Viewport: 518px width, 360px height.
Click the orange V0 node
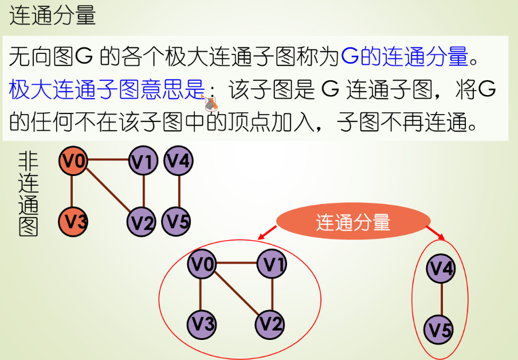pos(72,161)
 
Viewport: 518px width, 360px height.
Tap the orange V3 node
pos(72,221)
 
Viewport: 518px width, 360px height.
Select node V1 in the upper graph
pos(143,162)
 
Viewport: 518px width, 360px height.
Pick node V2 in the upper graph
pos(143,221)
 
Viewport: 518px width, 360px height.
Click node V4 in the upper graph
pos(179,161)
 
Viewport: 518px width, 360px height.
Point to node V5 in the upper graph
pos(178,221)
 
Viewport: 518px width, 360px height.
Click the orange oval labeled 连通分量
pos(353,222)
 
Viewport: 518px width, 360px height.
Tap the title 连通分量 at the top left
pos(53,15)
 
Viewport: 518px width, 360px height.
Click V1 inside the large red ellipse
pos(272,264)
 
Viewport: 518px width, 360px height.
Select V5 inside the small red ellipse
pos(440,330)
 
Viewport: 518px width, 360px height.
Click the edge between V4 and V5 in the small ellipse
pos(441,299)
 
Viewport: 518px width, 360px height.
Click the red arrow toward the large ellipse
pos(268,232)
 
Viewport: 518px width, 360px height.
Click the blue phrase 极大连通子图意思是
pos(107,89)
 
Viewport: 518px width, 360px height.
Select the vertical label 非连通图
pos(28,194)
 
